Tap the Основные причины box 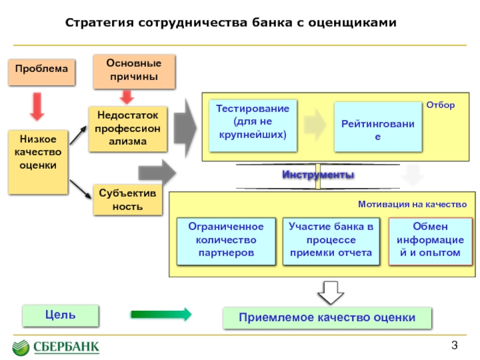[x=134, y=70]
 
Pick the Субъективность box [x=127, y=200]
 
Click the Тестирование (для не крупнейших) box [x=253, y=124]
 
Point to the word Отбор [x=440, y=105]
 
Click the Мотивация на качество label [x=412, y=205]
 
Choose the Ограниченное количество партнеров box [x=226, y=240]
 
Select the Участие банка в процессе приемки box [x=331, y=240]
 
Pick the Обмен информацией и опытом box [x=430, y=240]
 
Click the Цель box [x=60, y=314]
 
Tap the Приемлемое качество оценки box [x=326, y=317]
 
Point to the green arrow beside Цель [x=160, y=314]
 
